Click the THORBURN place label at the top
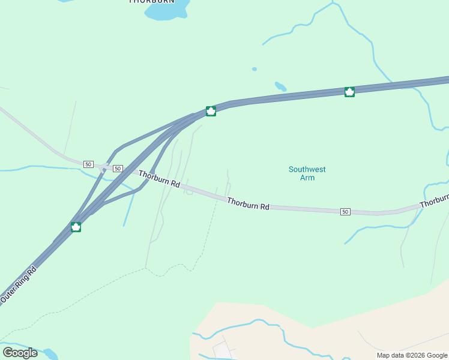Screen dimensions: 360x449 [152, 2]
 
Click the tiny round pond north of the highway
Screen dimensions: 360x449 [255, 69]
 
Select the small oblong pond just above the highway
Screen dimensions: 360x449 [280, 86]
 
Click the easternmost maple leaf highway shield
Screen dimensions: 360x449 [349, 92]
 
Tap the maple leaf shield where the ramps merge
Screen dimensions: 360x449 [211, 111]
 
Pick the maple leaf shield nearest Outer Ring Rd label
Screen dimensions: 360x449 [76, 227]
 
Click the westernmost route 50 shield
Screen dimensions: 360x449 [88, 164]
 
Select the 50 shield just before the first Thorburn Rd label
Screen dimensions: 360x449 [118, 169]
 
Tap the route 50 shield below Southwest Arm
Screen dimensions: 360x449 [345, 212]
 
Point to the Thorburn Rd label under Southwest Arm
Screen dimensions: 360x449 [248, 204]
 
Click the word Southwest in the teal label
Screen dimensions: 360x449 [307, 169]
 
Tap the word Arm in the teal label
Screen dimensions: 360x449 [307, 178]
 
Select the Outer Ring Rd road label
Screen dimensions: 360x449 [19, 284]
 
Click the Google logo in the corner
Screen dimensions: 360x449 [20, 353]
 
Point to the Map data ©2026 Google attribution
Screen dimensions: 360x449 [411, 355]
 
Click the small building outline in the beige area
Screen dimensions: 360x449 [221, 349]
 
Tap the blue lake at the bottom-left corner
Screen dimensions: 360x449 [48, 354]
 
